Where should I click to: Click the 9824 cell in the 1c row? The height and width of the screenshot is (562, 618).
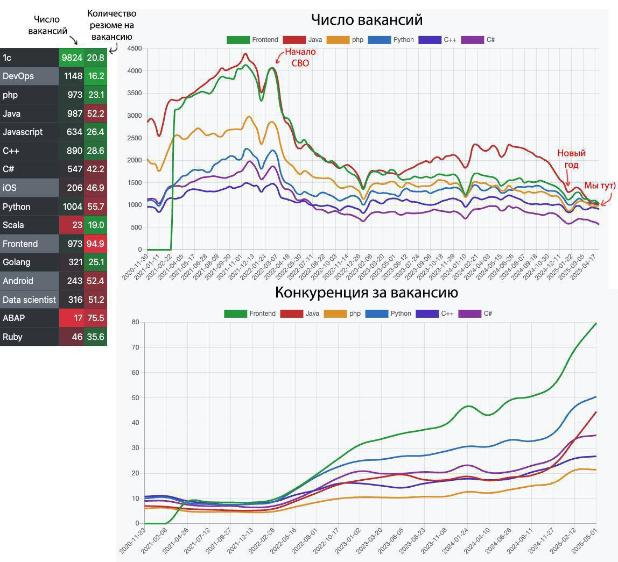72,58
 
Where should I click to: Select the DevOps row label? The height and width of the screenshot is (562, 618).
18,76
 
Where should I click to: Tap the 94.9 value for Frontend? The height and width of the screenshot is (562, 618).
95,244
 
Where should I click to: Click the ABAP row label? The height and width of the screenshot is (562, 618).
13,318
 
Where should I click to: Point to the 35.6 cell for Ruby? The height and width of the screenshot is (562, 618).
95,337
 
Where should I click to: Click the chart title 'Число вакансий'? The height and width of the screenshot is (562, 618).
367,20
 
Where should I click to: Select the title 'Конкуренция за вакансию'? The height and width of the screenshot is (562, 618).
366,293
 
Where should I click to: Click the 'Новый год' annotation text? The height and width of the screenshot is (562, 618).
571,159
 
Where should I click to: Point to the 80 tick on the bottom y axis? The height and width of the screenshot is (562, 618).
135,323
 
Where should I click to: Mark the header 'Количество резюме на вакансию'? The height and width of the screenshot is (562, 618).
111,25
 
